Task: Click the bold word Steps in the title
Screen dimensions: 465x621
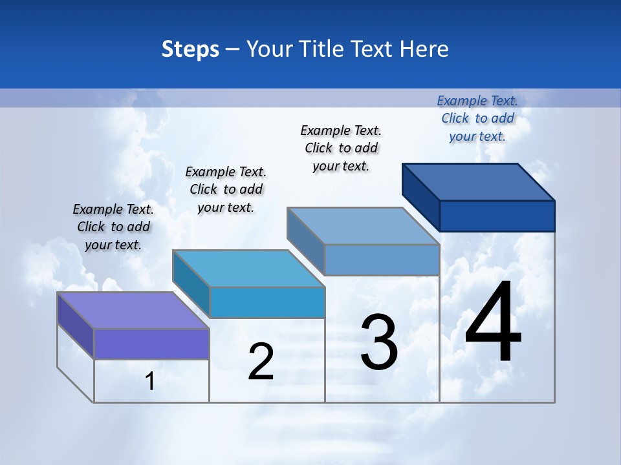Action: coord(190,49)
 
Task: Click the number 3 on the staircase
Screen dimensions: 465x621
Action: coord(379,342)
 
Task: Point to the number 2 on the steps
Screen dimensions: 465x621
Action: coord(261,362)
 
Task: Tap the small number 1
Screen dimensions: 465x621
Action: coord(150,382)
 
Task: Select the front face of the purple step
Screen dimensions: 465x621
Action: coord(151,344)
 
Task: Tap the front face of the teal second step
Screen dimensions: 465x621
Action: coord(267,302)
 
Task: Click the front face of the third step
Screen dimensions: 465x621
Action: coord(382,260)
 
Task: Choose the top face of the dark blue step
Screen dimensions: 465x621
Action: coord(478,181)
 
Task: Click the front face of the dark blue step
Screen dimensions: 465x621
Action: coord(497,216)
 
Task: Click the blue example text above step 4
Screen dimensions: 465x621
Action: coord(477,118)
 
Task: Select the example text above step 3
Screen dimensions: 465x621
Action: coord(341,148)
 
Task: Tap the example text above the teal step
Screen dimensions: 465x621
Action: coord(226,189)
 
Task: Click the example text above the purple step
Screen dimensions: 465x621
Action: coord(113,227)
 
